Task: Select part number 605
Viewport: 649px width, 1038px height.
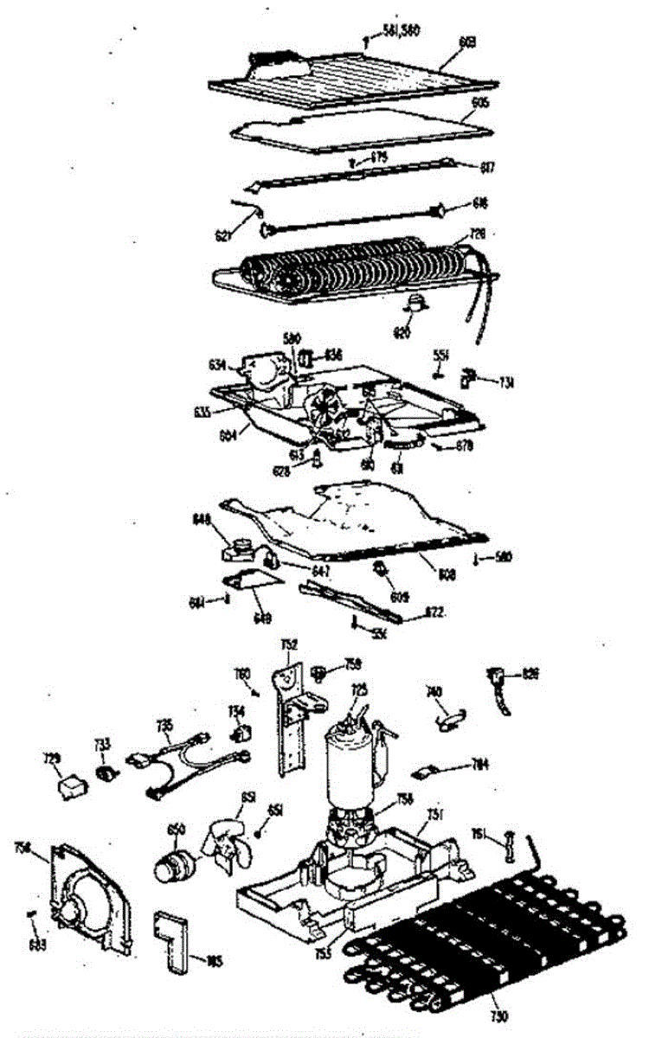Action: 469,101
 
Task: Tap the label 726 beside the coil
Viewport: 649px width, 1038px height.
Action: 478,234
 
